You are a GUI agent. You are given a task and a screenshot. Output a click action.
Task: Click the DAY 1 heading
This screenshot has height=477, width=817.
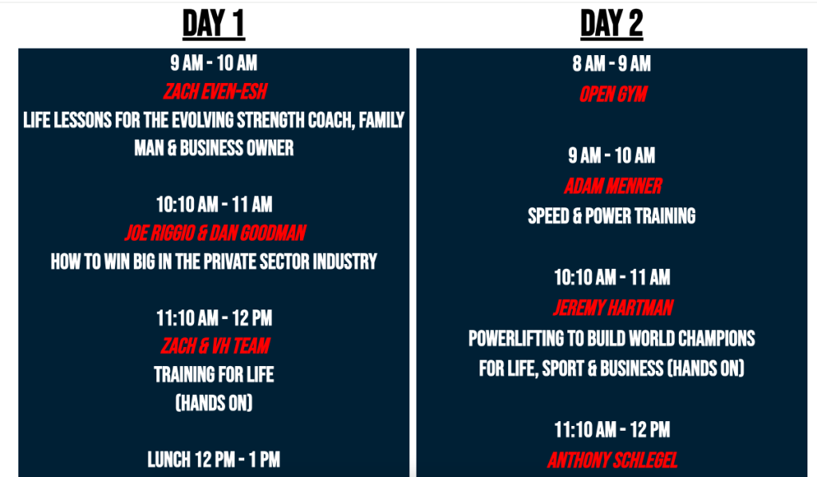pyautogui.click(x=214, y=24)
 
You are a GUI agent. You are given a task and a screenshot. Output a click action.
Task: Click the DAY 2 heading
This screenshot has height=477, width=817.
pyautogui.click(x=612, y=24)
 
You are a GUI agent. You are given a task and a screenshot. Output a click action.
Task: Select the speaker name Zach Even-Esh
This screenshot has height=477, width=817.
pyautogui.click(x=215, y=92)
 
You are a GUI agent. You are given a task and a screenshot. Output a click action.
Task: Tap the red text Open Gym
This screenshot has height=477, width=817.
pyautogui.click(x=613, y=94)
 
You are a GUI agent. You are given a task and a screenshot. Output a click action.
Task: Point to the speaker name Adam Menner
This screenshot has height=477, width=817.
pyautogui.click(x=613, y=186)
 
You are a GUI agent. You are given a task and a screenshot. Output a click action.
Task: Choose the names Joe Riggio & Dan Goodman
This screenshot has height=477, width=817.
pyautogui.click(x=215, y=233)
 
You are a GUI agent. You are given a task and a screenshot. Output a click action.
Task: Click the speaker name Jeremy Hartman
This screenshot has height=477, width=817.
pyautogui.click(x=613, y=308)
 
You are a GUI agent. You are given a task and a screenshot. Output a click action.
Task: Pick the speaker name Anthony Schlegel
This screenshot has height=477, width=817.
pyautogui.click(x=612, y=459)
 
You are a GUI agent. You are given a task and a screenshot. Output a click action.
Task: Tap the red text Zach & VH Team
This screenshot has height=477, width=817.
pyautogui.click(x=215, y=345)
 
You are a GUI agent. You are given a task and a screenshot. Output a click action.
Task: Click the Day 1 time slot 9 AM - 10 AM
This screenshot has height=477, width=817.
pyautogui.click(x=214, y=63)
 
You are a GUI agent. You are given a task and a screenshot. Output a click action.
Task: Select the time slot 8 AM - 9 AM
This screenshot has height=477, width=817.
pyautogui.click(x=612, y=64)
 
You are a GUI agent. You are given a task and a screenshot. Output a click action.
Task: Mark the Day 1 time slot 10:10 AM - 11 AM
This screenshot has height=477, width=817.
pyautogui.click(x=214, y=204)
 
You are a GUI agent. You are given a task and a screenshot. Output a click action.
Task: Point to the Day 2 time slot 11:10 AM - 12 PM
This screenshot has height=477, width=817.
pyautogui.click(x=612, y=430)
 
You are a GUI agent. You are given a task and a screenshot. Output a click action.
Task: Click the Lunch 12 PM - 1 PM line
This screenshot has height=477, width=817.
pyautogui.click(x=214, y=459)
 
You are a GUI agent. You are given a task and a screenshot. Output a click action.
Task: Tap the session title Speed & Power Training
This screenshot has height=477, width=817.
pyautogui.click(x=612, y=215)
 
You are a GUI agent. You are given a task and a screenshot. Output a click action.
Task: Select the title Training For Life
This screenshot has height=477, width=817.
pyautogui.click(x=214, y=374)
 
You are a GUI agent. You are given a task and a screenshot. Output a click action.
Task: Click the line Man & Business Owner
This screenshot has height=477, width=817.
pyautogui.click(x=214, y=148)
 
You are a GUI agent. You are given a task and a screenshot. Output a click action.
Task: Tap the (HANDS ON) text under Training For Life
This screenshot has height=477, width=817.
pyautogui.click(x=214, y=403)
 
